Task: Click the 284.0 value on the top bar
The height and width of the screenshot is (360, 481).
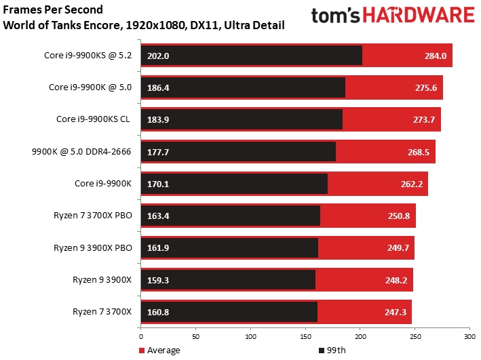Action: pos(434,56)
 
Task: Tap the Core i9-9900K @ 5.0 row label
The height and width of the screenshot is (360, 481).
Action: pos(92,87)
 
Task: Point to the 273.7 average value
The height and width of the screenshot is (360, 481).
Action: pos(423,119)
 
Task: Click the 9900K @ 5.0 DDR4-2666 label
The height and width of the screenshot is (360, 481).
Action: pos(87,151)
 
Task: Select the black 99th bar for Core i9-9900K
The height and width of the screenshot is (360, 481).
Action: pos(234,183)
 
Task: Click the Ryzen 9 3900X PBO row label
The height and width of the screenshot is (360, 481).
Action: pos(93,247)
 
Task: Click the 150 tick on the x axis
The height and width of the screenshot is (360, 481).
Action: pos(305,336)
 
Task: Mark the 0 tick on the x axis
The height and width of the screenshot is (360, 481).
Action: pos(141,336)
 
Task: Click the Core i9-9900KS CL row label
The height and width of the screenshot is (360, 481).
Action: pos(95,119)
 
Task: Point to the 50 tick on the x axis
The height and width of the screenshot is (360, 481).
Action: pos(196,336)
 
